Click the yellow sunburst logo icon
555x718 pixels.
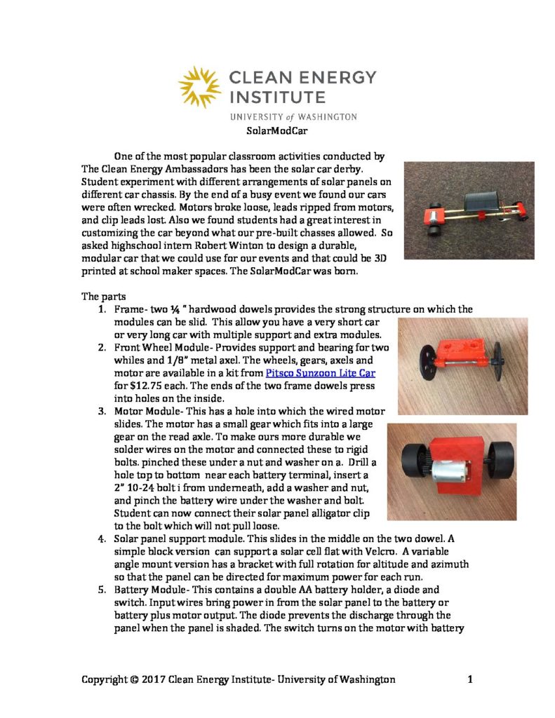coord(199,87)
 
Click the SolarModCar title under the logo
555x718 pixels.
coord(277,130)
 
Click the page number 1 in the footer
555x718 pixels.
coord(470,679)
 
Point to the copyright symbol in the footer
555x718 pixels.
coord(133,679)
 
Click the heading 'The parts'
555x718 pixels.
coord(102,295)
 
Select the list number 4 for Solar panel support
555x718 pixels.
coord(102,538)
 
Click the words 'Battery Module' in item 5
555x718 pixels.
coord(149,590)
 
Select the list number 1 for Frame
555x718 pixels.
coord(102,309)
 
